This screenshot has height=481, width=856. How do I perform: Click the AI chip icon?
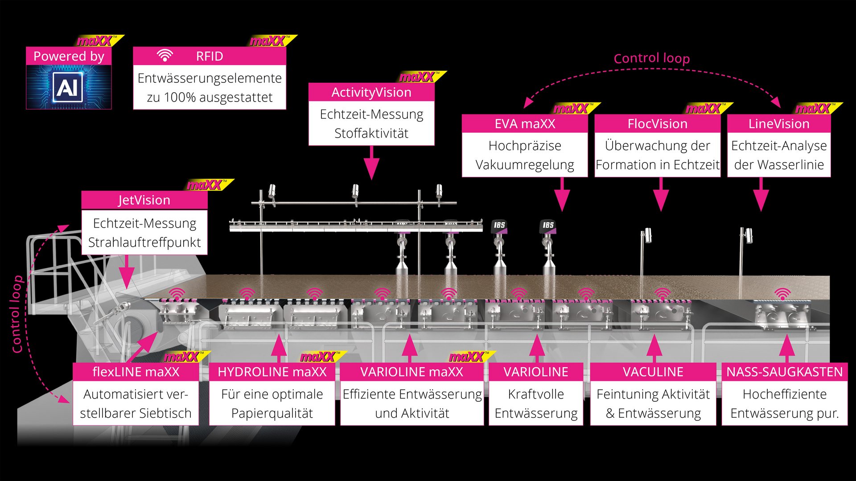(x=68, y=87)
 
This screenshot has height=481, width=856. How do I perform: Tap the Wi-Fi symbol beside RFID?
(x=165, y=56)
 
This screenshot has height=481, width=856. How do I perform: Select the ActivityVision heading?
(x=371, y=92)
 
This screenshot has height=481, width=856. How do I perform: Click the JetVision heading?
(x=144, y=200)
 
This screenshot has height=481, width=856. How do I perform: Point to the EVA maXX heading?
(x=525, y=124)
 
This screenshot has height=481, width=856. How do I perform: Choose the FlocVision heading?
(x=657, y=124)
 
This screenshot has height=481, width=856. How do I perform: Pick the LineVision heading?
(x=778, y=124)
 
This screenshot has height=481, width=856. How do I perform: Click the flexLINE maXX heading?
(x=136, y=372)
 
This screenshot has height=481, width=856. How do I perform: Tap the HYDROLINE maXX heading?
(x=272, y=372)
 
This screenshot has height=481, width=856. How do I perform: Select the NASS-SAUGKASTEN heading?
(x=784, y=372)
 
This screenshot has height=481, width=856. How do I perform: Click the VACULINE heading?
(x=653, y=372)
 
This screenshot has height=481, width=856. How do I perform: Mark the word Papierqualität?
(x=272, y=413)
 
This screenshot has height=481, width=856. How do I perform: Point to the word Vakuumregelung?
(x=525, y=165)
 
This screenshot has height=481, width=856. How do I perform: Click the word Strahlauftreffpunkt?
(x=144, y=242)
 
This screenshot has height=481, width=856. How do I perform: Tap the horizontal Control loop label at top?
(x=651, y=58)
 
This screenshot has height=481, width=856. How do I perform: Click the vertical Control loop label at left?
(x=16, y=314)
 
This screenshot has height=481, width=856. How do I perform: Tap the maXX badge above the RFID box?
(x=269, y=41)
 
